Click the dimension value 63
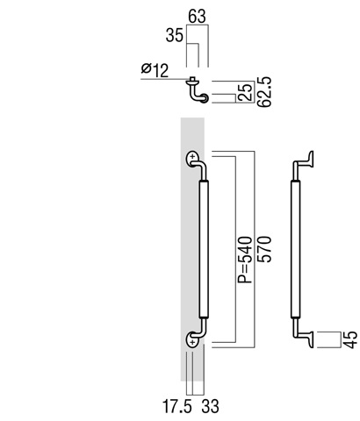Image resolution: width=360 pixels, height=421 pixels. (x=197, y=17)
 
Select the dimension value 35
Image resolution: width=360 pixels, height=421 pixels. (x=175, y=36)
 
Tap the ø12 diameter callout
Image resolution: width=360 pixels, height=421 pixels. (x=155, y=70)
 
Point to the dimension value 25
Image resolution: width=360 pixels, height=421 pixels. (x=246, y=92)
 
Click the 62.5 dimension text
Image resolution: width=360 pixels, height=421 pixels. (x=264, y=92)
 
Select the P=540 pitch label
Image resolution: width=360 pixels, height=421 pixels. (x=245, y=260)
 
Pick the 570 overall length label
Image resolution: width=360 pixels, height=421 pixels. (x=264, y=249)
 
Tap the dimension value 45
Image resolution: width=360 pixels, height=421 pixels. (x=350, y=339)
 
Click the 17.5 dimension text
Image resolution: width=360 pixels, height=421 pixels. (x=177, y=407)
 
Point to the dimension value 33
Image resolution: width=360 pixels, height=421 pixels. (x=210, y=407)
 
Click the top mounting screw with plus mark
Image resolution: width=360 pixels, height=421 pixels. (x=192, y=157)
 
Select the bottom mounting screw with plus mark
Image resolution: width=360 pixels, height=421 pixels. (x=192, y=342)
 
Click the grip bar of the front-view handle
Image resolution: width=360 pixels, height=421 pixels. (x=204, y=249)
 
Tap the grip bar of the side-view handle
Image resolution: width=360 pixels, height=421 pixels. (x=296, y=249)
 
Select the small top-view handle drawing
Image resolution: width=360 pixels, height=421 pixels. (x=197, y=90)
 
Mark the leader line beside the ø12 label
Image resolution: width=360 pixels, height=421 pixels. (x=165, y=79)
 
